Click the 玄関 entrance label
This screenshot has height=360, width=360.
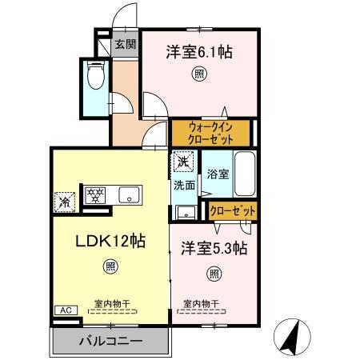tap(125, 45)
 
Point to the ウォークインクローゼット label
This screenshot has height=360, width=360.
tap(211, 131)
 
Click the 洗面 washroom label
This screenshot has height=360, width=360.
tap(185, 186)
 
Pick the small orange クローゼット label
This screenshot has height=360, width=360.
tap(233, 210)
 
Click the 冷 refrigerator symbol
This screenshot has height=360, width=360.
tap(63, 201)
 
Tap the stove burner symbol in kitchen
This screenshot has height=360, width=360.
tap(95, 194)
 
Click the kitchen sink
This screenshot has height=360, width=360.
tap(129, 195)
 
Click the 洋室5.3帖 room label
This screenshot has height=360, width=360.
tap(213, 248)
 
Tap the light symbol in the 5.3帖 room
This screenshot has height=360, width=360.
tap(214, 274)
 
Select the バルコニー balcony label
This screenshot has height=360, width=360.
tap(110, 342)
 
